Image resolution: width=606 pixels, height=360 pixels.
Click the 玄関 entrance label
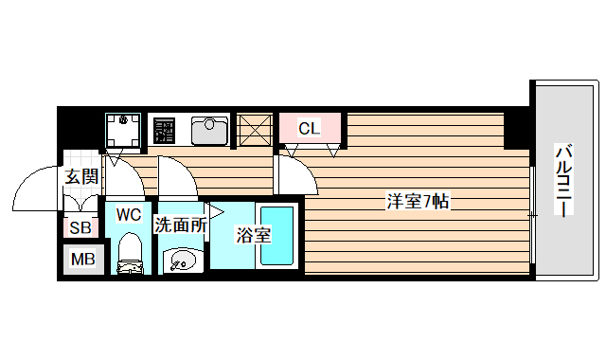pyautogui.click(x=81, y=175)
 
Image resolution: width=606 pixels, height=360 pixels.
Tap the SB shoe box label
pyautogui.click(x=80, y=228)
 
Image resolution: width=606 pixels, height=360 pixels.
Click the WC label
pyautogui.click(x=128, y=214)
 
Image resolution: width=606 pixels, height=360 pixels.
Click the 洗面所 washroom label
pyautogui.click(x=180, y=225)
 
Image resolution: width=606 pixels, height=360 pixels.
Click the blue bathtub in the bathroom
pyautogui.click(x=278, y=236)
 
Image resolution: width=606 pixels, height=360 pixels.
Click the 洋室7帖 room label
pyautogui.click(x=417, y=201)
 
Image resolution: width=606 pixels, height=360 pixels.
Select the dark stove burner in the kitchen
pyautogui.click(x=163, y=130)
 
